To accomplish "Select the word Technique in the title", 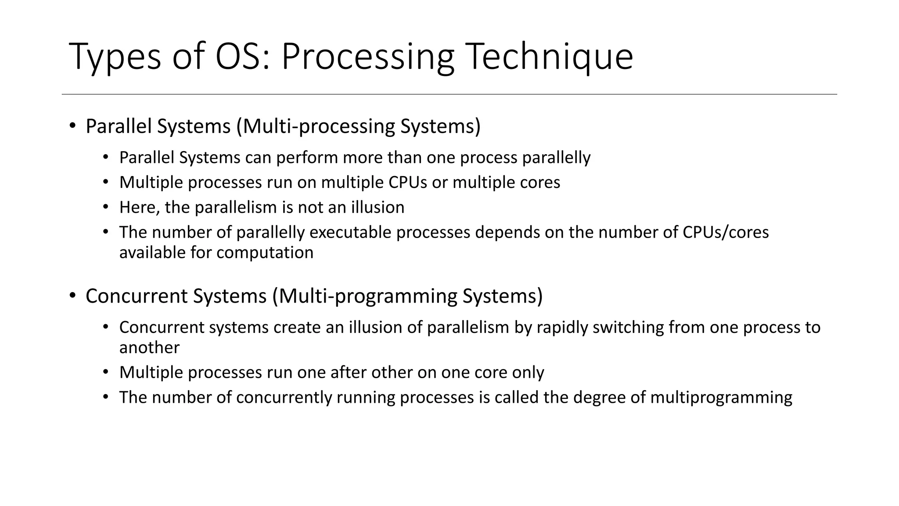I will click(549, 56).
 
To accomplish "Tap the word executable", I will click(350, 232).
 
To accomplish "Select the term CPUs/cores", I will click(726, 232).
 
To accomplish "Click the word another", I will click(149, 347).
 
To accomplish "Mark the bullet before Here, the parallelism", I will click(105, 207).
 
